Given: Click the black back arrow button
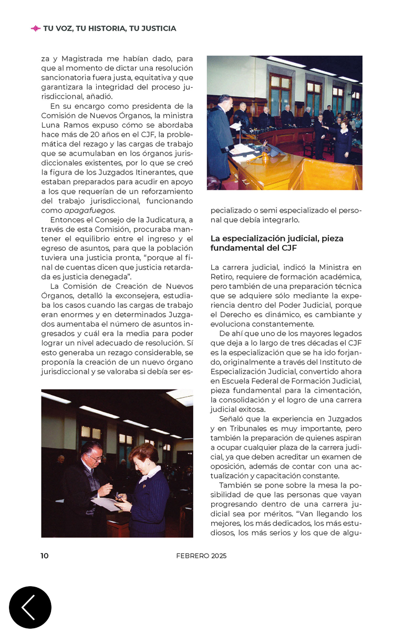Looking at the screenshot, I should click(30, 607).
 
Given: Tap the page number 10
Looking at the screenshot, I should click(45, 556).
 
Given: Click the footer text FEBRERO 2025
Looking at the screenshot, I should click(201, 556).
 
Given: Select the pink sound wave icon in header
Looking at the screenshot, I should click(36, 28).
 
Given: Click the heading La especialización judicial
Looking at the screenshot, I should click(277, 238).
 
